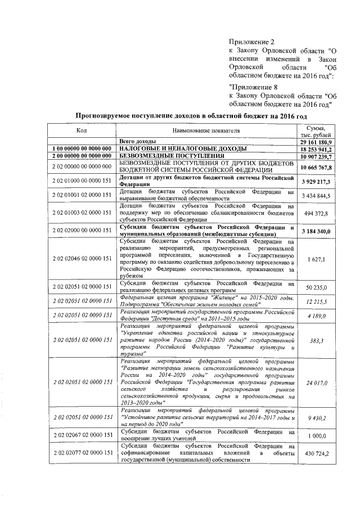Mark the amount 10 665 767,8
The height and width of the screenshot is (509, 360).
[315, 167]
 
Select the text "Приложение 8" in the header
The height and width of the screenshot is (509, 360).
[254, 87]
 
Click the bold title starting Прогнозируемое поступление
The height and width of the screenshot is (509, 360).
[191, 116]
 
